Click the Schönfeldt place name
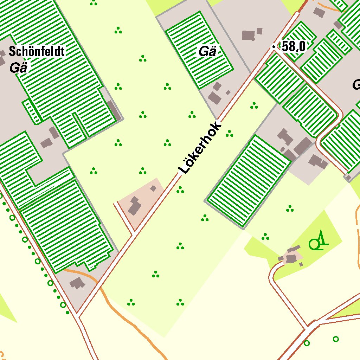(x=37, y=51)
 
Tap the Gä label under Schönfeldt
(x=18, y=67)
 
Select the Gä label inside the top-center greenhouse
(x=207, y=52)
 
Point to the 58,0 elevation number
(x=294, y=46)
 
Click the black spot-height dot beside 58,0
(x=274, y=46)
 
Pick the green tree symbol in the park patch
(x=318, y=241)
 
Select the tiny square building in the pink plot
(x=153, y=188)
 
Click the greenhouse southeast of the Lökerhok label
(x=249, y=181)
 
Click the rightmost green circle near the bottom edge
(x=336, y=339)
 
